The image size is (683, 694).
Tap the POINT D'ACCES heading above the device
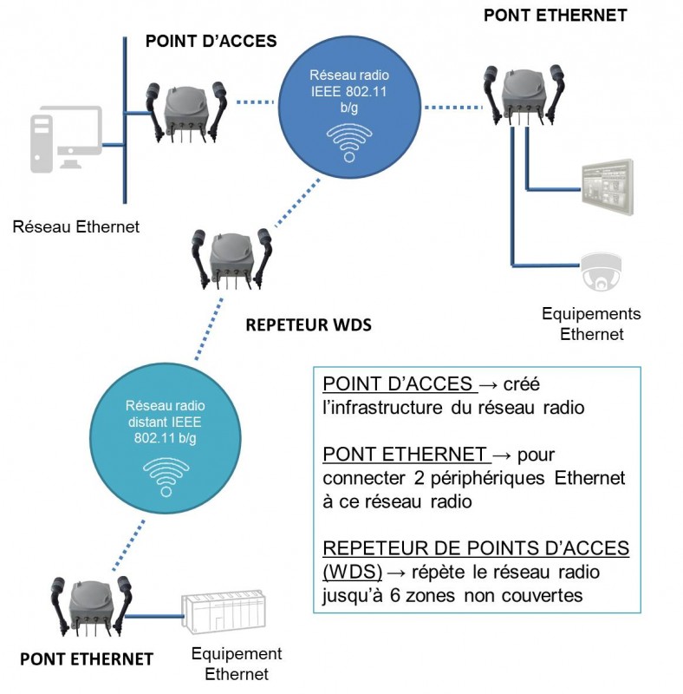[x=211, y=41]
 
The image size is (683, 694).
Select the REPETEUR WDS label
[x=309, y=325]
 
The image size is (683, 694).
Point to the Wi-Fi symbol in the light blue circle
[x=166, y=476]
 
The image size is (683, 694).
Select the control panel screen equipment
[x=608, y=188]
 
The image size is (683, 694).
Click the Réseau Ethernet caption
[x=76, y=227]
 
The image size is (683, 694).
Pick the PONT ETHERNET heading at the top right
[x=556, y=14]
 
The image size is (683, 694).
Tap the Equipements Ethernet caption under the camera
[x=591, y=324]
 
